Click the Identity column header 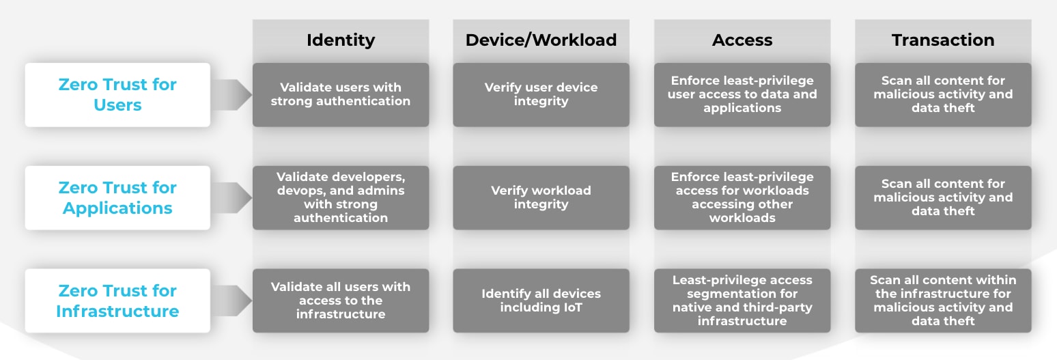(x=341, y=40)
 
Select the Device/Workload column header (x=541, y=40)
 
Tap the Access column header (x=742, y=40)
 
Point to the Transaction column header (x=943, y=40)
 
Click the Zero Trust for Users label (x=117, y=94)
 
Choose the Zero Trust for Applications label (x=117, y=197)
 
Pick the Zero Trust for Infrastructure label (x=117, y=301)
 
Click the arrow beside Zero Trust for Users (x=231, y=95)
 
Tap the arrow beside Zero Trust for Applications (x=231, y=197)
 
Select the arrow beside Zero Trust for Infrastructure (x=231, y=301)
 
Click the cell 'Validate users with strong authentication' (x=341, y=94)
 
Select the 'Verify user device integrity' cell (x=541, y=94)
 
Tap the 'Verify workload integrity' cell (x=541, y=197)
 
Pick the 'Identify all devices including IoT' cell (x=541, y=301)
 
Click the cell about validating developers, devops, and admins (x=341, y=197)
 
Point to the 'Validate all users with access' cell (x=341, y=301)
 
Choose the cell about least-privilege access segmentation (x=742, y=301)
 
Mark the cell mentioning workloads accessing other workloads (x=742, y=197)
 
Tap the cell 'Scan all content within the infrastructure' (x=943, y=301)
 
